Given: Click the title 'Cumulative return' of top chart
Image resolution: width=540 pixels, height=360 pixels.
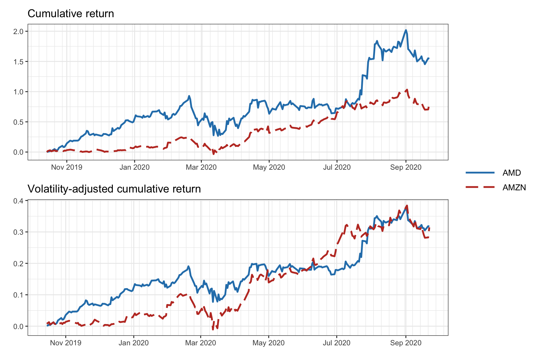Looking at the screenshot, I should [71, 14].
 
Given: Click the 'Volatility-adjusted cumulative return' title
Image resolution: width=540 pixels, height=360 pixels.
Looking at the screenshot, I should [114, 189].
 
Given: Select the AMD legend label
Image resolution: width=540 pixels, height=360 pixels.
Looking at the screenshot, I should [512, 173].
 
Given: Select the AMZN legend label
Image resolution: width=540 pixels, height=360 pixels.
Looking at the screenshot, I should [514, 187].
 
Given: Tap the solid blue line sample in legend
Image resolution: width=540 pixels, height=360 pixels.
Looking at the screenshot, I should [480, 173].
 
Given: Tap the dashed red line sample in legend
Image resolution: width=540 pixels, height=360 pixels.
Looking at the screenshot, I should [480, 187].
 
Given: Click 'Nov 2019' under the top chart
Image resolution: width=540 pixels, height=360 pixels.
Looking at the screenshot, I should [67, 167].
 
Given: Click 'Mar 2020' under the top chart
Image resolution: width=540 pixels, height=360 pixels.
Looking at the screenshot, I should [201, 167].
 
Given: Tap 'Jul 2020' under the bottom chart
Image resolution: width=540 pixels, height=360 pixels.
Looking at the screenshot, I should [336, 343].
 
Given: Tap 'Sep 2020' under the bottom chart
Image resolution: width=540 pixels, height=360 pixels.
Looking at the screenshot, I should [406, 343].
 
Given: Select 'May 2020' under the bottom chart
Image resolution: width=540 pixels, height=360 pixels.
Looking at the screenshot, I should [268, 343].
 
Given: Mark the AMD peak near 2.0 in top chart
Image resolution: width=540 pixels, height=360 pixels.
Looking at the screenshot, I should [406, 30].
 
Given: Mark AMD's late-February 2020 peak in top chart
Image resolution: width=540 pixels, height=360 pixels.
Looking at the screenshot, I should [189, 96].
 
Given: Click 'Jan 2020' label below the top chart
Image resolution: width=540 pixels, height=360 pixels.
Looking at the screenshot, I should [134, 167].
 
